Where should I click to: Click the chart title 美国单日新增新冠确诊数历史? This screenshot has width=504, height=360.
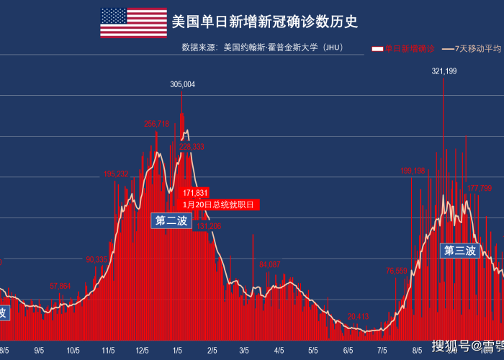coord(264,22)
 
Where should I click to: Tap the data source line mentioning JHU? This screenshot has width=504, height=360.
coord(262,48)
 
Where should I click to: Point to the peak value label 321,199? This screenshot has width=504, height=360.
coord(444,71)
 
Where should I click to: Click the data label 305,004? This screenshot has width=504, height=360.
coord(182,85)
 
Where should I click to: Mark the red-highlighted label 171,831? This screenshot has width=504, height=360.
coord(195,193)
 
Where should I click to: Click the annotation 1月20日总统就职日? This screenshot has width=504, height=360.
coord(219,205)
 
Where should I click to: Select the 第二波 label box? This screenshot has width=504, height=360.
coord(171,220)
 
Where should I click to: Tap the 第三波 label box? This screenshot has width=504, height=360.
coord(460,251)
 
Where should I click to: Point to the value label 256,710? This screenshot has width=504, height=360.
coord(156,124)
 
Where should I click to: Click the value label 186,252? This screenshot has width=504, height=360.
coord(116,174)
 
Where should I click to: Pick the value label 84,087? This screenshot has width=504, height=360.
coord(269,265)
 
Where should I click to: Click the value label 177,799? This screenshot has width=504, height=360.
coord(480,188)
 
